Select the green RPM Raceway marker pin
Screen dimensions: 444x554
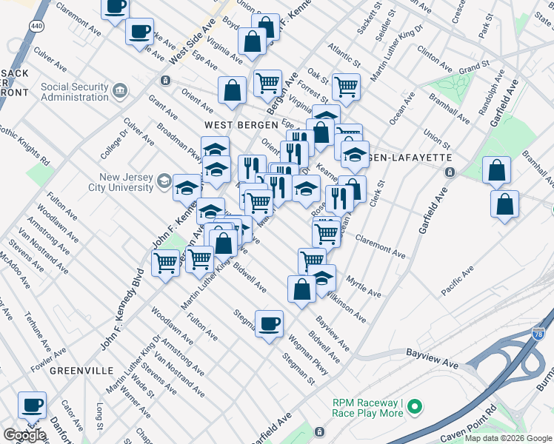tap(415, 406)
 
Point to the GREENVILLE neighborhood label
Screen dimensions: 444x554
tap(81, 370)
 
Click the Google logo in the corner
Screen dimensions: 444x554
tap(24, 435)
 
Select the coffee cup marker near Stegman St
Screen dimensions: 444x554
tap(269, 323)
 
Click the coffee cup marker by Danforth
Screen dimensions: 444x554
tap(32, 405)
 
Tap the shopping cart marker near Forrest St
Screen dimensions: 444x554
tap(346, 86)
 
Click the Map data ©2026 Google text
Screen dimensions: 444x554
tap(508, 438)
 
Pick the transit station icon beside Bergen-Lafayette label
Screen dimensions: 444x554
tap(449, 172)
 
